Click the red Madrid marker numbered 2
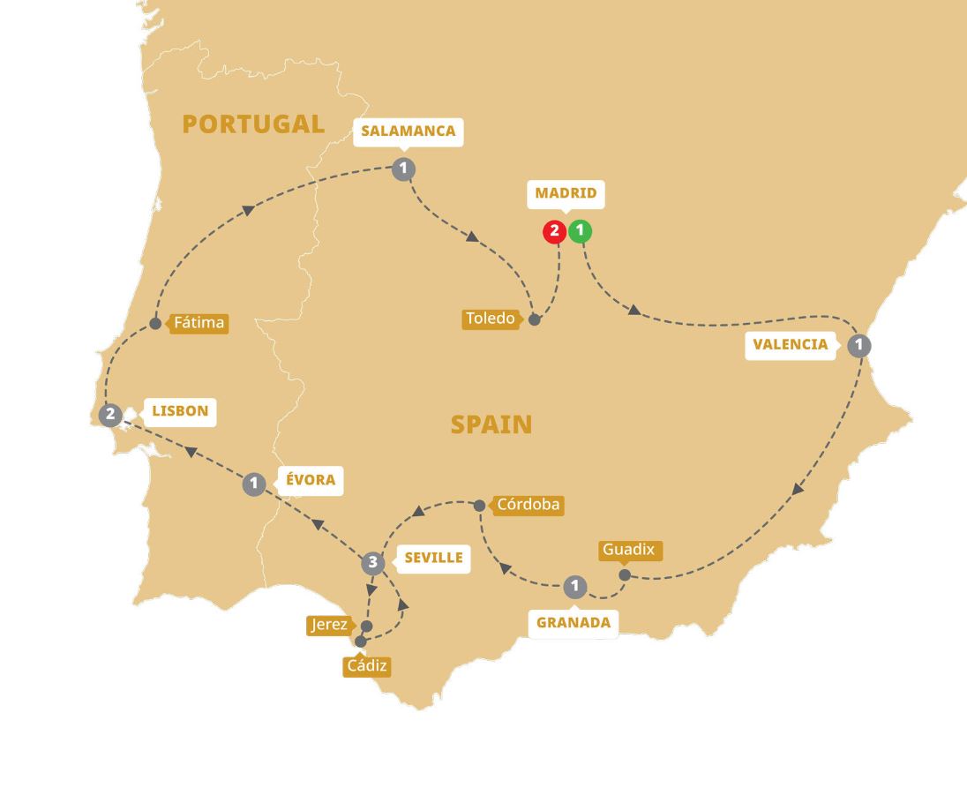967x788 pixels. coord(554,232)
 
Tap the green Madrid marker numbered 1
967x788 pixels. coord(580,232)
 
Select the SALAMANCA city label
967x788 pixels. coord(408,131)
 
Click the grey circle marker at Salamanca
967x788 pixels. coord(403,169)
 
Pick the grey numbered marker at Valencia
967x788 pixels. coord(858,345)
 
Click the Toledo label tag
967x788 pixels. coord(491,319)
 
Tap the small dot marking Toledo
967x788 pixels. coord(534,319)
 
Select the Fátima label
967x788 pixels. coord(199,323)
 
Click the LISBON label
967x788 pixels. coord(180,410)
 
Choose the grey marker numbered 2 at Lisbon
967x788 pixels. coord(110,413)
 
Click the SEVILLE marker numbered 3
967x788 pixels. coord(373,562)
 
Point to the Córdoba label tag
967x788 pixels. coord(528,506)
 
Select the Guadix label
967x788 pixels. coord(628,550)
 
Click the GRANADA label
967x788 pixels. coord(573,622)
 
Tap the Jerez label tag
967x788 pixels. coord(329,625)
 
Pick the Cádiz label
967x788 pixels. coord(366,666)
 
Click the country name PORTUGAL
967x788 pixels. coord(253,124)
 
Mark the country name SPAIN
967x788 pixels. coord(491,424)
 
